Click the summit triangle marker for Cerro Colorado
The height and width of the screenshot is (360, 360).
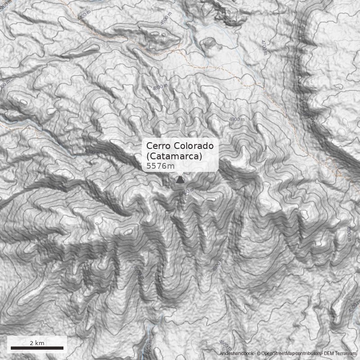pos(180,180)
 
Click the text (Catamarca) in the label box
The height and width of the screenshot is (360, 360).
pos(174,156)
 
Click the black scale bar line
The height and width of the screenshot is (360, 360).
pos(37,348)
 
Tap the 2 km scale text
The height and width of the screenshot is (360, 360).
pos(37,343)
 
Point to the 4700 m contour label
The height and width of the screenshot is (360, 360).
pos(264,47)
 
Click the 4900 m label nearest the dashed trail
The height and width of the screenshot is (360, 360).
pos(237,119)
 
